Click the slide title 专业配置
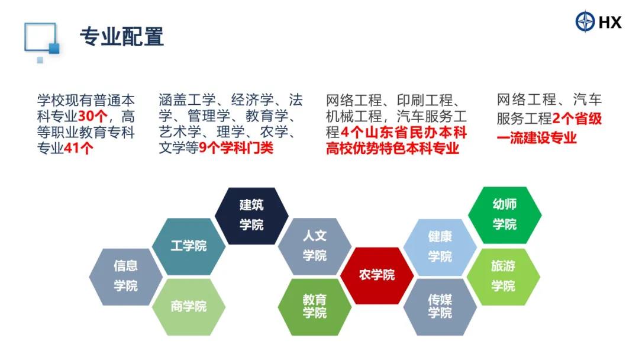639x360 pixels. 122,37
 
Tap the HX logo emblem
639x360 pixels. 585,21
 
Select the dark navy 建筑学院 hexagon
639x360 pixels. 251,216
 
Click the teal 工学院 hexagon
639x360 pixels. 189,246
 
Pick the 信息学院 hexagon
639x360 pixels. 126,277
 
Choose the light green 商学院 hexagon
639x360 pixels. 189,307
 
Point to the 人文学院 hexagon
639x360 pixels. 315,246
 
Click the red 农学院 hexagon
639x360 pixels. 377,275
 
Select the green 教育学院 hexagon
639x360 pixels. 315,307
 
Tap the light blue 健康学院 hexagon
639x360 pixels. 440,247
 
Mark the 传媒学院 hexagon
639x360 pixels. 440,307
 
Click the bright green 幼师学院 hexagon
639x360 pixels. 505,215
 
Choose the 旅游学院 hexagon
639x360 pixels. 504,277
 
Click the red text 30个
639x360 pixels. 93,116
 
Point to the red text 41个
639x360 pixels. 79,148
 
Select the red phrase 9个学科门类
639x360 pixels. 236,147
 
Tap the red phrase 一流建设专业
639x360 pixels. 536,138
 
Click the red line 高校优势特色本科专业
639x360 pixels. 392,148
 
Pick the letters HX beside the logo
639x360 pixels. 610,22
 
